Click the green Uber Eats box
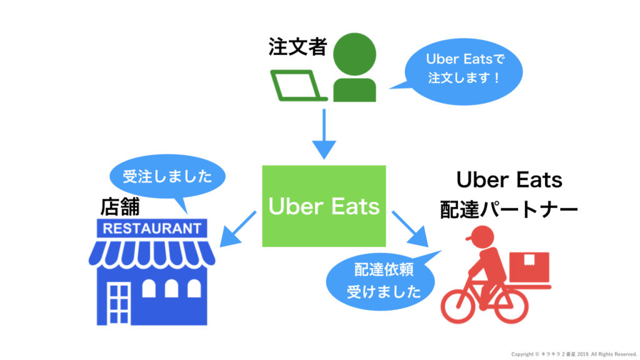pyautogui.click(x=324, y=206)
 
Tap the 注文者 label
pyautogui.click(x=297, y=47)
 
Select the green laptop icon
pyautogui.click(x=298, y=86)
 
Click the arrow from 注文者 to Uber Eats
pyautogui.click(x=324, y=134)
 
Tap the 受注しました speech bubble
pyautogui.click(x=167, y=176)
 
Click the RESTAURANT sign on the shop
pyautogui.click(x=152, y=229)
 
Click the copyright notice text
pyautogui.click(x=573, y=354)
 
